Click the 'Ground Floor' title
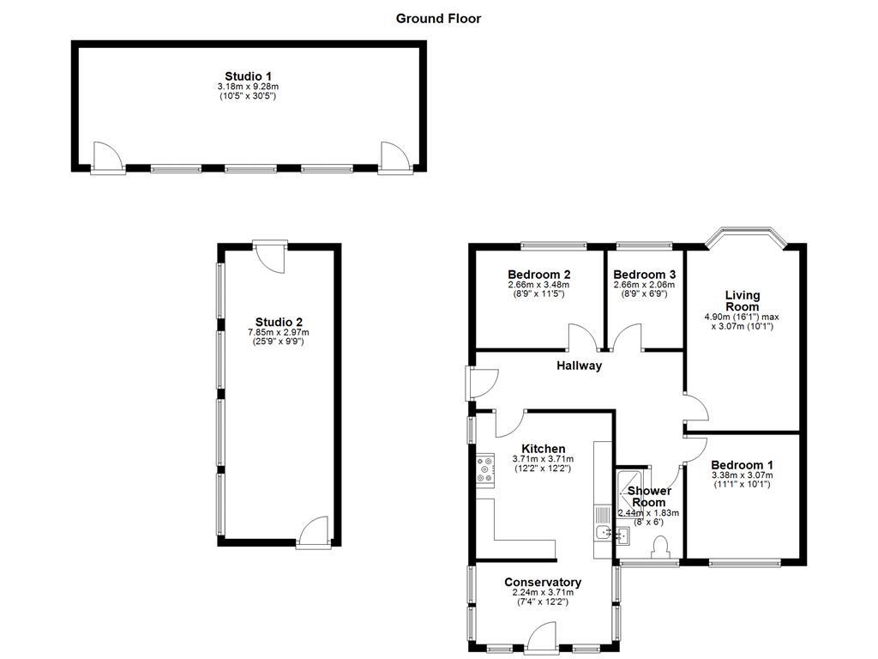[x=438, y=18]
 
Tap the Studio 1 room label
[x=247, y=76]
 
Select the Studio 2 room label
[x=278, y=323]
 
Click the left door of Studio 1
[x=105, y=157]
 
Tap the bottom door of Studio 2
[x=314, y=530]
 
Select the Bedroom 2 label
[x=538, y=275]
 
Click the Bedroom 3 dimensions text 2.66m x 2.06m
[x=644, y=285]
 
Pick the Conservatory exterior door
[x=544, y=637]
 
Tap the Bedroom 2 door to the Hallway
[x=579, y=338]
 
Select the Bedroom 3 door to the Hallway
[x=628, y=338]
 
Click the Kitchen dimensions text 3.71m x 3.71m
[x=543, y=459]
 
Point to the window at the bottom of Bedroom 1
[x=744, y=564]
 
